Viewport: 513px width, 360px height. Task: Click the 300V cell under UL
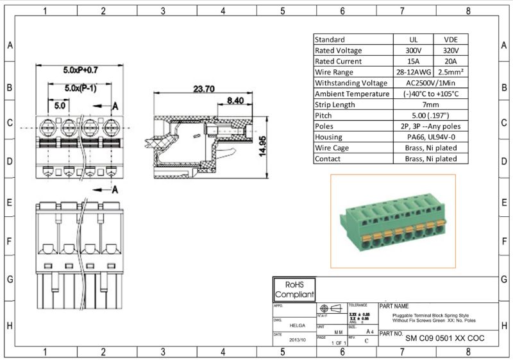coord(414,50)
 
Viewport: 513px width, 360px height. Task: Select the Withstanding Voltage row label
coord(351,83)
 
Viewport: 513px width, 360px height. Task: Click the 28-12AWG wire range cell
coord(414,72)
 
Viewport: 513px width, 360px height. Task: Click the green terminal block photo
coord(392,221)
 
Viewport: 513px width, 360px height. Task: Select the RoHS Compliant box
coord(294,289)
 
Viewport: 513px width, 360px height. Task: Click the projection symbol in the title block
coord(331,308)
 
